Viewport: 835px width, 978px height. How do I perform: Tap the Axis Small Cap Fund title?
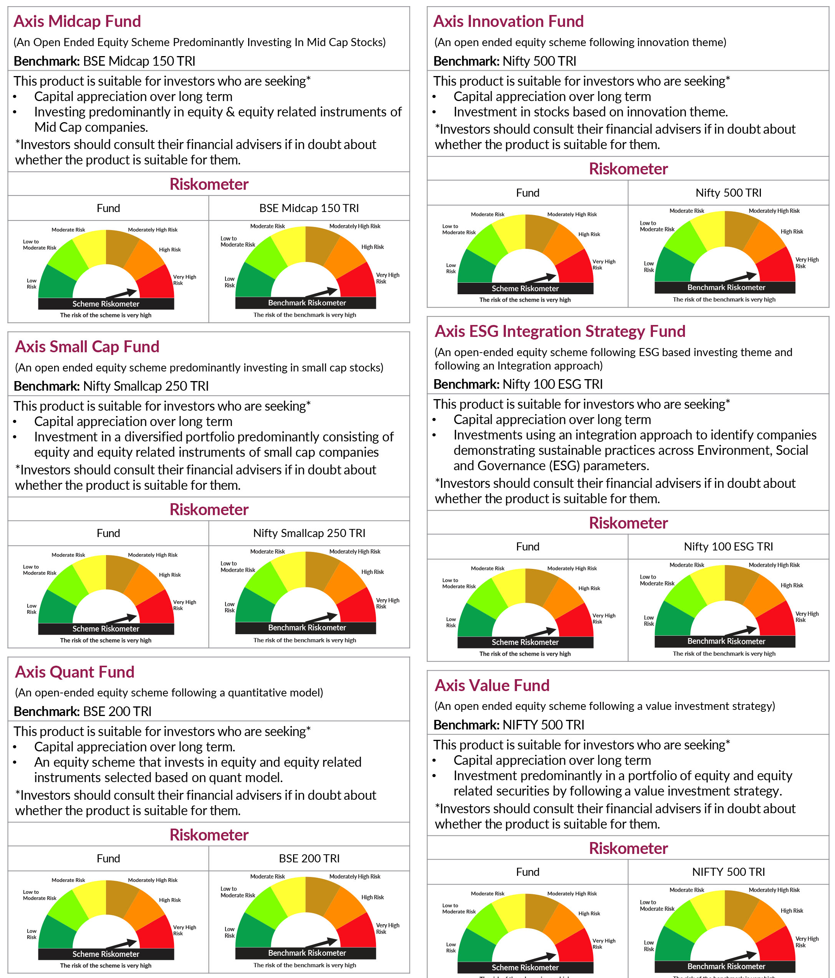[87, 346]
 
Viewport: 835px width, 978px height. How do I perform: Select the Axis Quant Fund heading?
[75, 672]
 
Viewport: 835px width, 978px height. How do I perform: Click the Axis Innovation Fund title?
[509, 21]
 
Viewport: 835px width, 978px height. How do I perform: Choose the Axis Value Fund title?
[492, 685]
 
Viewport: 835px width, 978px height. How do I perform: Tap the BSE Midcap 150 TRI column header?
[309, 208]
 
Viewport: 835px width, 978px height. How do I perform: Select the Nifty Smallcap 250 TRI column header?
[309, 534]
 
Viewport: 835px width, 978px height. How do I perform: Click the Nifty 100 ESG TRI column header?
[728, 547]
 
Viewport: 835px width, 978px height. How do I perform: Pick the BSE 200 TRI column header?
[309, 859]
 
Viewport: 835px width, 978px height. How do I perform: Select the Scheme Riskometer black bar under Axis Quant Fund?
[106, 954]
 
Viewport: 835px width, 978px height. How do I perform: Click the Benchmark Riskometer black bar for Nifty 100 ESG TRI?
[726, 641]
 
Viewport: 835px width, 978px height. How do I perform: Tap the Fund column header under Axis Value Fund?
[527, 872]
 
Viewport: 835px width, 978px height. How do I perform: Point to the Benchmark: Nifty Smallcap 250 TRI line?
[111, 386]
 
